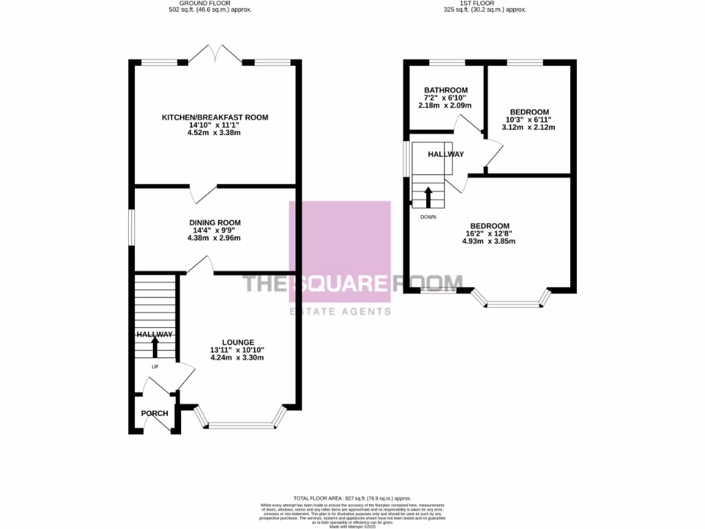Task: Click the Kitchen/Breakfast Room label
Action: point(215,118)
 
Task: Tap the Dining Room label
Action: point(215,222)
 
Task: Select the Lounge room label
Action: point(238,342)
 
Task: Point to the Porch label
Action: point(154,413)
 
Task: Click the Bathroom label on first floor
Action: point(445,90)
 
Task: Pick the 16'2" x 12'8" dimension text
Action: point(490,234)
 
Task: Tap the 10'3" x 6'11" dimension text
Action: point(529,120)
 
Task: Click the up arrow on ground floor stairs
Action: point(154,346)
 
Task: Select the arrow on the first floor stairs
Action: point(428,197)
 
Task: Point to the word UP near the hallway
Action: point(154,366)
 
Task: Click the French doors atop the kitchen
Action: point(216,55)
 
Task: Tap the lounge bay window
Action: point(240,424)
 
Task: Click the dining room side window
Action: point(131,227)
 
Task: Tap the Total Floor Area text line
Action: point(352,498)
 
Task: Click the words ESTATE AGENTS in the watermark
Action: point(339,311)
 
